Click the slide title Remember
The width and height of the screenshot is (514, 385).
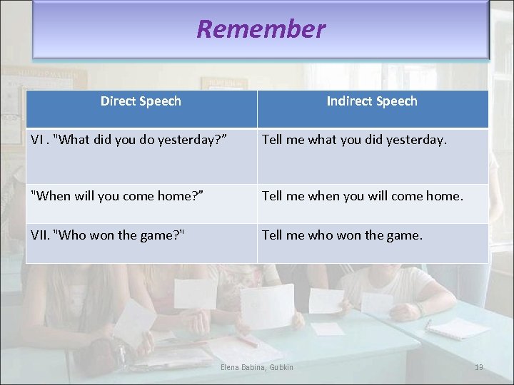pyautogui.click(x=261, y=29)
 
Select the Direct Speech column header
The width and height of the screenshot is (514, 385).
pyautogui.click(x=141, y=101)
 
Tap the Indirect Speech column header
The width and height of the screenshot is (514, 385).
pyautogui.click(x=372, y=101)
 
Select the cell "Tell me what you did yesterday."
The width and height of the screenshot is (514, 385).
pyautogui.click(x=354, y=140)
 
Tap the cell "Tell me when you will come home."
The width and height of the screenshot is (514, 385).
pyautogui.click(x=363, y=195)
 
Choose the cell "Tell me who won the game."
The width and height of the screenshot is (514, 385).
pyautogui.click(x=342, y=235)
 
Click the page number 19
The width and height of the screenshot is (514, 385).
pyautogui.click(x=478, y=367)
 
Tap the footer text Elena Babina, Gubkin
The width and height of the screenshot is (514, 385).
pyautogui.click(x=258, y=367)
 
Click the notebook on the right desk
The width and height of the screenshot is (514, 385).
pyautogui.click(x=458, y=327)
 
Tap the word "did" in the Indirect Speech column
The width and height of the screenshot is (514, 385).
pyautogui.click(x=372, y=140)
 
